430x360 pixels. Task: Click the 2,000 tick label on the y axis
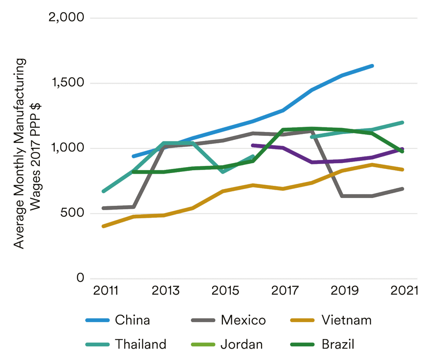pyautogui.click(x=65, y=18)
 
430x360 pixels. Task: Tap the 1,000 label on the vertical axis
pyautogui.click(x=66, y=148)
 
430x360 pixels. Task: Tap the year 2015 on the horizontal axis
pyautogui.click(x=225, y=291)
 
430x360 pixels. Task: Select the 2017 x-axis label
pyautogui.click(x=285, y=291)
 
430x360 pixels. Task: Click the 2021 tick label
pyautogui.click(x=404, y=291)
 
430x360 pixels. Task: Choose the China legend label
pyautogui.click(x=132, y=321)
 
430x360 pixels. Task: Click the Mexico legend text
pyautogui.click(x=243, y=321)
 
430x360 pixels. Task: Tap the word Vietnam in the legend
pyautogui.click(x=347, y=321)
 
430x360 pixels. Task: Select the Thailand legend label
pyautogui.click(x=141, y=344)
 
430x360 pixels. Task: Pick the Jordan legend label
pyautogui.click(x=242, y=344)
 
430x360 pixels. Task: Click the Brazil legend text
pyautogui.click(x=338, y=344)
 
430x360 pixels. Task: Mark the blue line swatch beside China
pyautogui.click(x=97, y=321)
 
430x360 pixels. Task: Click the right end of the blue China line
pyautogui.click(x=372, y=66)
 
